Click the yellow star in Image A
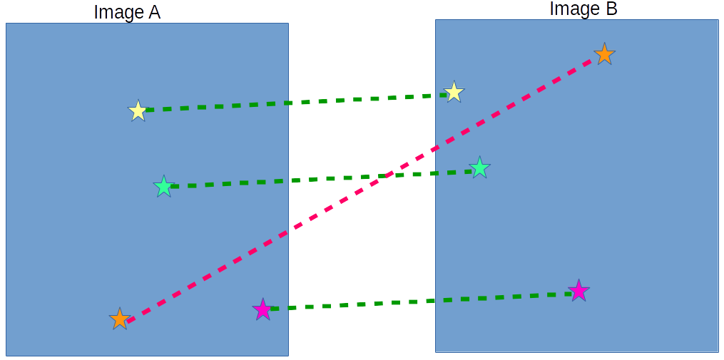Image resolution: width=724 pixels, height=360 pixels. click(138, 111)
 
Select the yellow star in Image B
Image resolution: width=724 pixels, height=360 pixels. click(454, 92)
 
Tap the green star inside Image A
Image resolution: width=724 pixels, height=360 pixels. click(163, 187)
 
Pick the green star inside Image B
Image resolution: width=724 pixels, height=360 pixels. click(479, 168)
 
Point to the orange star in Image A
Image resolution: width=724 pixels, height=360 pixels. click(120, 319)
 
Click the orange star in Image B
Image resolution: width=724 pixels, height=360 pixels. click(604, 54)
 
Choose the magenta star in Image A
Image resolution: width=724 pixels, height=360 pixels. click(262, 309)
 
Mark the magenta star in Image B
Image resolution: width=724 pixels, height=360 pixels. click(578, 291)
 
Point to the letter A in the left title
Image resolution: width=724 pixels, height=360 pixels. click(153, 12)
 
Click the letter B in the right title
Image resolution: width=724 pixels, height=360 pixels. click(611, 9)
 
